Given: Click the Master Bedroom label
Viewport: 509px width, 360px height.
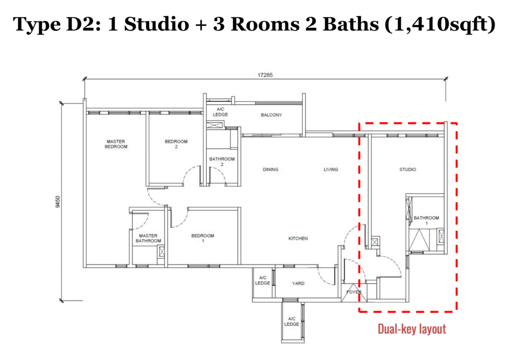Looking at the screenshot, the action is pyautogui.click(x=116, y=144).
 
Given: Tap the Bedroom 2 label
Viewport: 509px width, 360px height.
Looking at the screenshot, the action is pyautogui.click(x=176, y=144).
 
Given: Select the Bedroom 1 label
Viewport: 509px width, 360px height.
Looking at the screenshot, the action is pyautogui.click(x=203, y=238).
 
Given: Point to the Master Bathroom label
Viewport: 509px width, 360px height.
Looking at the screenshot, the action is pyautogui.click(x=148, y=238).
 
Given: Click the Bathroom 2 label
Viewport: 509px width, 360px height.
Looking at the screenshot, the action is pyautogui.click(x=222, y=162).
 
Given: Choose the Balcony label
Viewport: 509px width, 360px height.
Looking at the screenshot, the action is pyautogui.click(x=271, y=115).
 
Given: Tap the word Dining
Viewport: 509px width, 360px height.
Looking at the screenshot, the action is pyautogui.click(x=270, y=170).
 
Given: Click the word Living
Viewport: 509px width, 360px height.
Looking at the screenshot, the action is pyautogui.click(x=331, y=170).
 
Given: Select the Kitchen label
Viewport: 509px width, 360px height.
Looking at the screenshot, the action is pyautogui.click(x=298, y=238).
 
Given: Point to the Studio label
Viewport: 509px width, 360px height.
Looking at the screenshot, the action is pyautogui.click(x=408, y=170).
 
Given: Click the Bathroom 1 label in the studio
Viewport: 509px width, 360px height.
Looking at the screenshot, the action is pyautogui.click(x=426, y=220).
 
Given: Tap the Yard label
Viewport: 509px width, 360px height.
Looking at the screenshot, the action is pyautogui.click(x=298, y=283).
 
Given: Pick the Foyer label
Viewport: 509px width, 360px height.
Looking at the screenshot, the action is pyautogui.click(x=354, y=292).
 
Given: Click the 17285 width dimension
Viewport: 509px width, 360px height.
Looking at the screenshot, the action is pyautogui.click(x=265, y=75).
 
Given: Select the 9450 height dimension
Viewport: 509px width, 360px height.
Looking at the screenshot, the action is pyautogui.click(x=58, y=201).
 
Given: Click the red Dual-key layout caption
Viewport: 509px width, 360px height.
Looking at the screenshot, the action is pyautogui.click(x=412, y=329).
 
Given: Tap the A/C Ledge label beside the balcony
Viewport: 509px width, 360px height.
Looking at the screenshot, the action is pyautogui.click(x=220, y=112).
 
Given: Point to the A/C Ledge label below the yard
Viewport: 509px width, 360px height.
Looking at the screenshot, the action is pyautogui.click(x=291, y=321).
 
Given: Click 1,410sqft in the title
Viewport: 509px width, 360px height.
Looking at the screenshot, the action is pyautogui.click(x=440, y=24).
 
